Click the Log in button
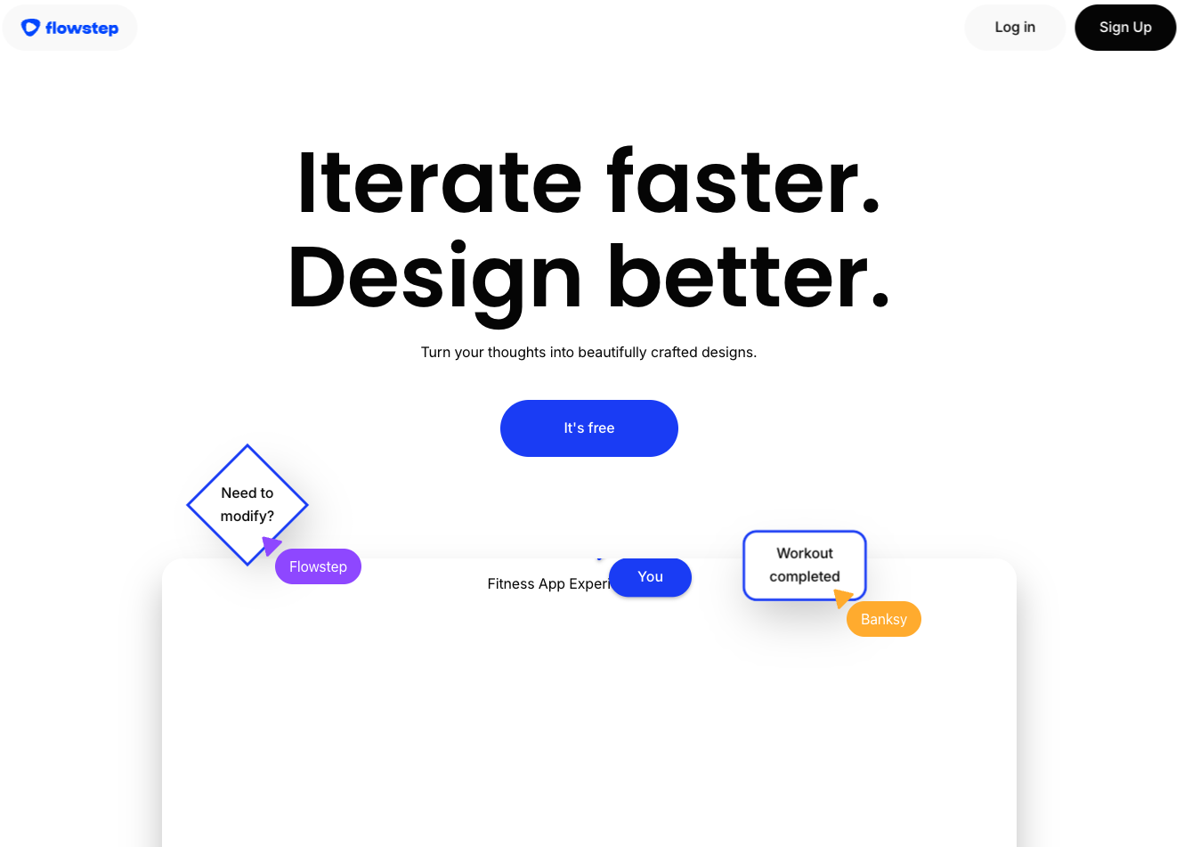[1014, 27]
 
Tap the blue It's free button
[588, 428]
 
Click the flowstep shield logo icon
[30, 27]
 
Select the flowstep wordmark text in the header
[82, 28]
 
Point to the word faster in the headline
[743, 180]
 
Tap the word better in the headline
[748, 276]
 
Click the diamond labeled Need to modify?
[247, 504]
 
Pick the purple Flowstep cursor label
[318, 566]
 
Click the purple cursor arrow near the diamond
[271, 545]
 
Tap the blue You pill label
[650, 576]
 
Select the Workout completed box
[804, 565]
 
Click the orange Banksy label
[883, 619]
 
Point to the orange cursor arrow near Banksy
[842, 598]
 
